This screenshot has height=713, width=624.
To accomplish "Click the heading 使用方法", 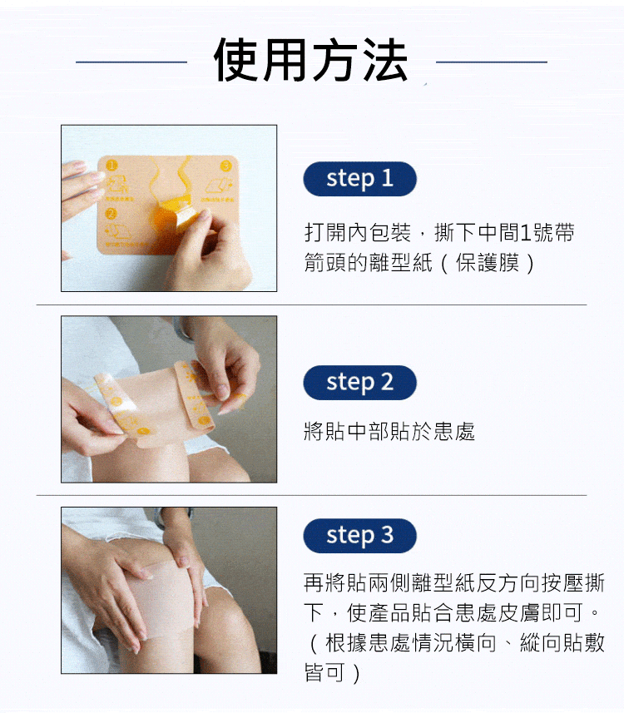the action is (310, 60).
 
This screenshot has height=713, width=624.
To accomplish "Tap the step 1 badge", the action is (359, 179).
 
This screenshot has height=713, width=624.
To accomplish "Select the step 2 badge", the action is (359, 383).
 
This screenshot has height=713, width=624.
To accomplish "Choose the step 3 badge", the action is (359, 536).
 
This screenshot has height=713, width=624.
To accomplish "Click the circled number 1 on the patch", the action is (111, 165).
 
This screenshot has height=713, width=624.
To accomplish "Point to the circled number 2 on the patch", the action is (111, 213).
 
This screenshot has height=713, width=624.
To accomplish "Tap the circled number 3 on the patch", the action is (225, 166).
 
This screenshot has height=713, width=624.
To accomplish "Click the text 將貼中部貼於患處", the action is (389, 431).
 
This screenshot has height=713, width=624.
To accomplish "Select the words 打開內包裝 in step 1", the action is (358, 232).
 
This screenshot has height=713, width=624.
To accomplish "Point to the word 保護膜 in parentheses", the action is (487, 262).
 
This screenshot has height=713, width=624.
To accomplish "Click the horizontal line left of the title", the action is (131, 62).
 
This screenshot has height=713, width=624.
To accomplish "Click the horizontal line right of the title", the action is (491, 62).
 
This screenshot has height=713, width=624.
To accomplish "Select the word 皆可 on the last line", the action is (324, 672).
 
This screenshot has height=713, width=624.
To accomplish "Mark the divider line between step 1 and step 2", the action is (311, 305).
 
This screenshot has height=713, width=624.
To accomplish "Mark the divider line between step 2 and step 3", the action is (311, 495).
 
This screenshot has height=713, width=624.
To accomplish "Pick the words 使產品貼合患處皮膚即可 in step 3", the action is (464, 612).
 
